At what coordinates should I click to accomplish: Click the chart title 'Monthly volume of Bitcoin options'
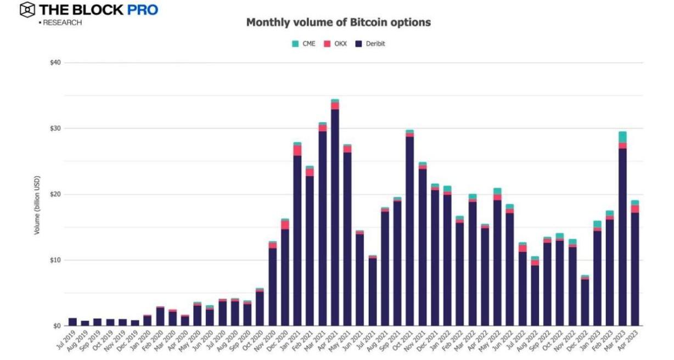point(338,22)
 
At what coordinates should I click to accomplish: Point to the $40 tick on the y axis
point(54,63)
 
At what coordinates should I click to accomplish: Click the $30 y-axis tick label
point(54,128)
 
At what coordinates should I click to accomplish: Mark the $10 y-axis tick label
point(54,260)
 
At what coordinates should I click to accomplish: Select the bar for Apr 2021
point(335,214)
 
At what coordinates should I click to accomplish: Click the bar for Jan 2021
point(297,236)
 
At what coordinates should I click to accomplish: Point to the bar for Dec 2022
point(585,302)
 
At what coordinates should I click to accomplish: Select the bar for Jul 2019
point(72,322)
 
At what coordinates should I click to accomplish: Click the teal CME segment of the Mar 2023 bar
point(622,137)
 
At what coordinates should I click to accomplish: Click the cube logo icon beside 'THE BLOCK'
point(27,9)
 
